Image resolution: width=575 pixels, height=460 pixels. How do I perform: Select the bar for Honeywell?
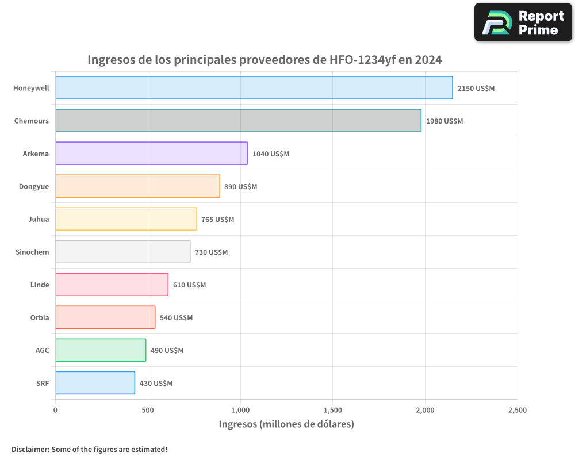click(254, 88)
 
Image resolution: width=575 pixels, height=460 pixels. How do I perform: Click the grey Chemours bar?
click(238, 121)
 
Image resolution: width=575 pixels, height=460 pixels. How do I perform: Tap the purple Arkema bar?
click(151, 154)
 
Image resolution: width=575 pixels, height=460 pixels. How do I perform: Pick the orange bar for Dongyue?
click(137, 186)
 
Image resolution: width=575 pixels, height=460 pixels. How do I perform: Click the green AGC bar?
click(101, 350)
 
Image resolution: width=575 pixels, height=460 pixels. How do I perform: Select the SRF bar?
click(95, 383)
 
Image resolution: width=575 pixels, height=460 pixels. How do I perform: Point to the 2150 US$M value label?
click(476, 89)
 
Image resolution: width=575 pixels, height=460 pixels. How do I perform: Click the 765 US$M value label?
click(217, 220)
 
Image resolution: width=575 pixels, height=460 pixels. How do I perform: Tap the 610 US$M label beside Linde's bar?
click(189, 285)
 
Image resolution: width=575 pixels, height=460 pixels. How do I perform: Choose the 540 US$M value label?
click(176, 318)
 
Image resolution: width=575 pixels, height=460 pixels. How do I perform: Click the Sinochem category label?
click(32, 252)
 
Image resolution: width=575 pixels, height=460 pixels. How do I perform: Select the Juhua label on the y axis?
click(39, 219)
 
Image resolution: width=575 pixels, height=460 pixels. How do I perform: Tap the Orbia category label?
click(40, 317)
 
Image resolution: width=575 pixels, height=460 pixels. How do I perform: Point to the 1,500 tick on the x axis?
click(332, 410)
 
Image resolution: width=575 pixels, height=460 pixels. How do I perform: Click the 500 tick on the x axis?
click(148, 410)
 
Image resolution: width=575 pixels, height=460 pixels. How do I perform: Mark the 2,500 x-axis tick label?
click(517, 410)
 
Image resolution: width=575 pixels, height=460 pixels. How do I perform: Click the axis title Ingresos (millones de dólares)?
click(286, 424)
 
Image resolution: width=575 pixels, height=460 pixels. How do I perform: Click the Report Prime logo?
click(523, 22)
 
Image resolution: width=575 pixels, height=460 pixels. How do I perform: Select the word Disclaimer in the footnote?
click(30, 449)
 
